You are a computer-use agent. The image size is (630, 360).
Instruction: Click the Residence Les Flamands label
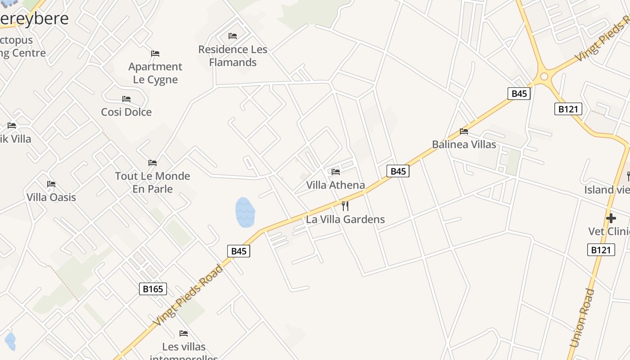[x=233, y=56]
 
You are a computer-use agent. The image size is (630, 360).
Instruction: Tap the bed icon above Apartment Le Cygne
[x=155, y=54]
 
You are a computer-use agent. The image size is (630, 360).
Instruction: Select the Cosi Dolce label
[x=126, y=112]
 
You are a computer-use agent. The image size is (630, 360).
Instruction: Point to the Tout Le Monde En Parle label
[x=153, y=182]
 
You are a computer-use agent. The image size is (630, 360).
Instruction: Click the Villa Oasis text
[x=51, y=197]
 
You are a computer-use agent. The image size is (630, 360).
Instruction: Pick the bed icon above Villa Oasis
[x=51, y=184]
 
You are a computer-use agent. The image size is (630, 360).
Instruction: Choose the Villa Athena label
[x=336, y=185]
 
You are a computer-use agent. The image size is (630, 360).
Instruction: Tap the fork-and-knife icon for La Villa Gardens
[x=345, y=206]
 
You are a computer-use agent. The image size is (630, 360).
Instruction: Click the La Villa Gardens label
[x=346, y=219]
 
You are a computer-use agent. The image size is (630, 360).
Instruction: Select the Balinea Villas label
[x=464, y=144]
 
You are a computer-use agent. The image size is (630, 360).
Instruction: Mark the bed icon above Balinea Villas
[x=464, y=131]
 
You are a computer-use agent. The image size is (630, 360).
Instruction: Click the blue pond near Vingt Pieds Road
[x=245, y=212]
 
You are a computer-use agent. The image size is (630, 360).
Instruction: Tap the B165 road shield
[x=153, y=289]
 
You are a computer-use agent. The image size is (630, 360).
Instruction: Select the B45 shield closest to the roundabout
[x=519, y=94]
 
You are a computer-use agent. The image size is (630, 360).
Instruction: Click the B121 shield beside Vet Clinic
[x=601, y=250]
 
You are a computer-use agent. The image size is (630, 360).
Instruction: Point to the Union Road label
[x=582, y=318]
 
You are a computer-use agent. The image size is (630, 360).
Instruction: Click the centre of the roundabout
[x=544, y=76]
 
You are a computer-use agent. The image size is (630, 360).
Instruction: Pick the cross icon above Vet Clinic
[x=611, y=218]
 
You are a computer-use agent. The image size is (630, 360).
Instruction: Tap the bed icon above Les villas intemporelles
[x=184, y=333]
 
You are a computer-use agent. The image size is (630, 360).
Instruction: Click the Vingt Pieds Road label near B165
[x=188, y=296]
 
